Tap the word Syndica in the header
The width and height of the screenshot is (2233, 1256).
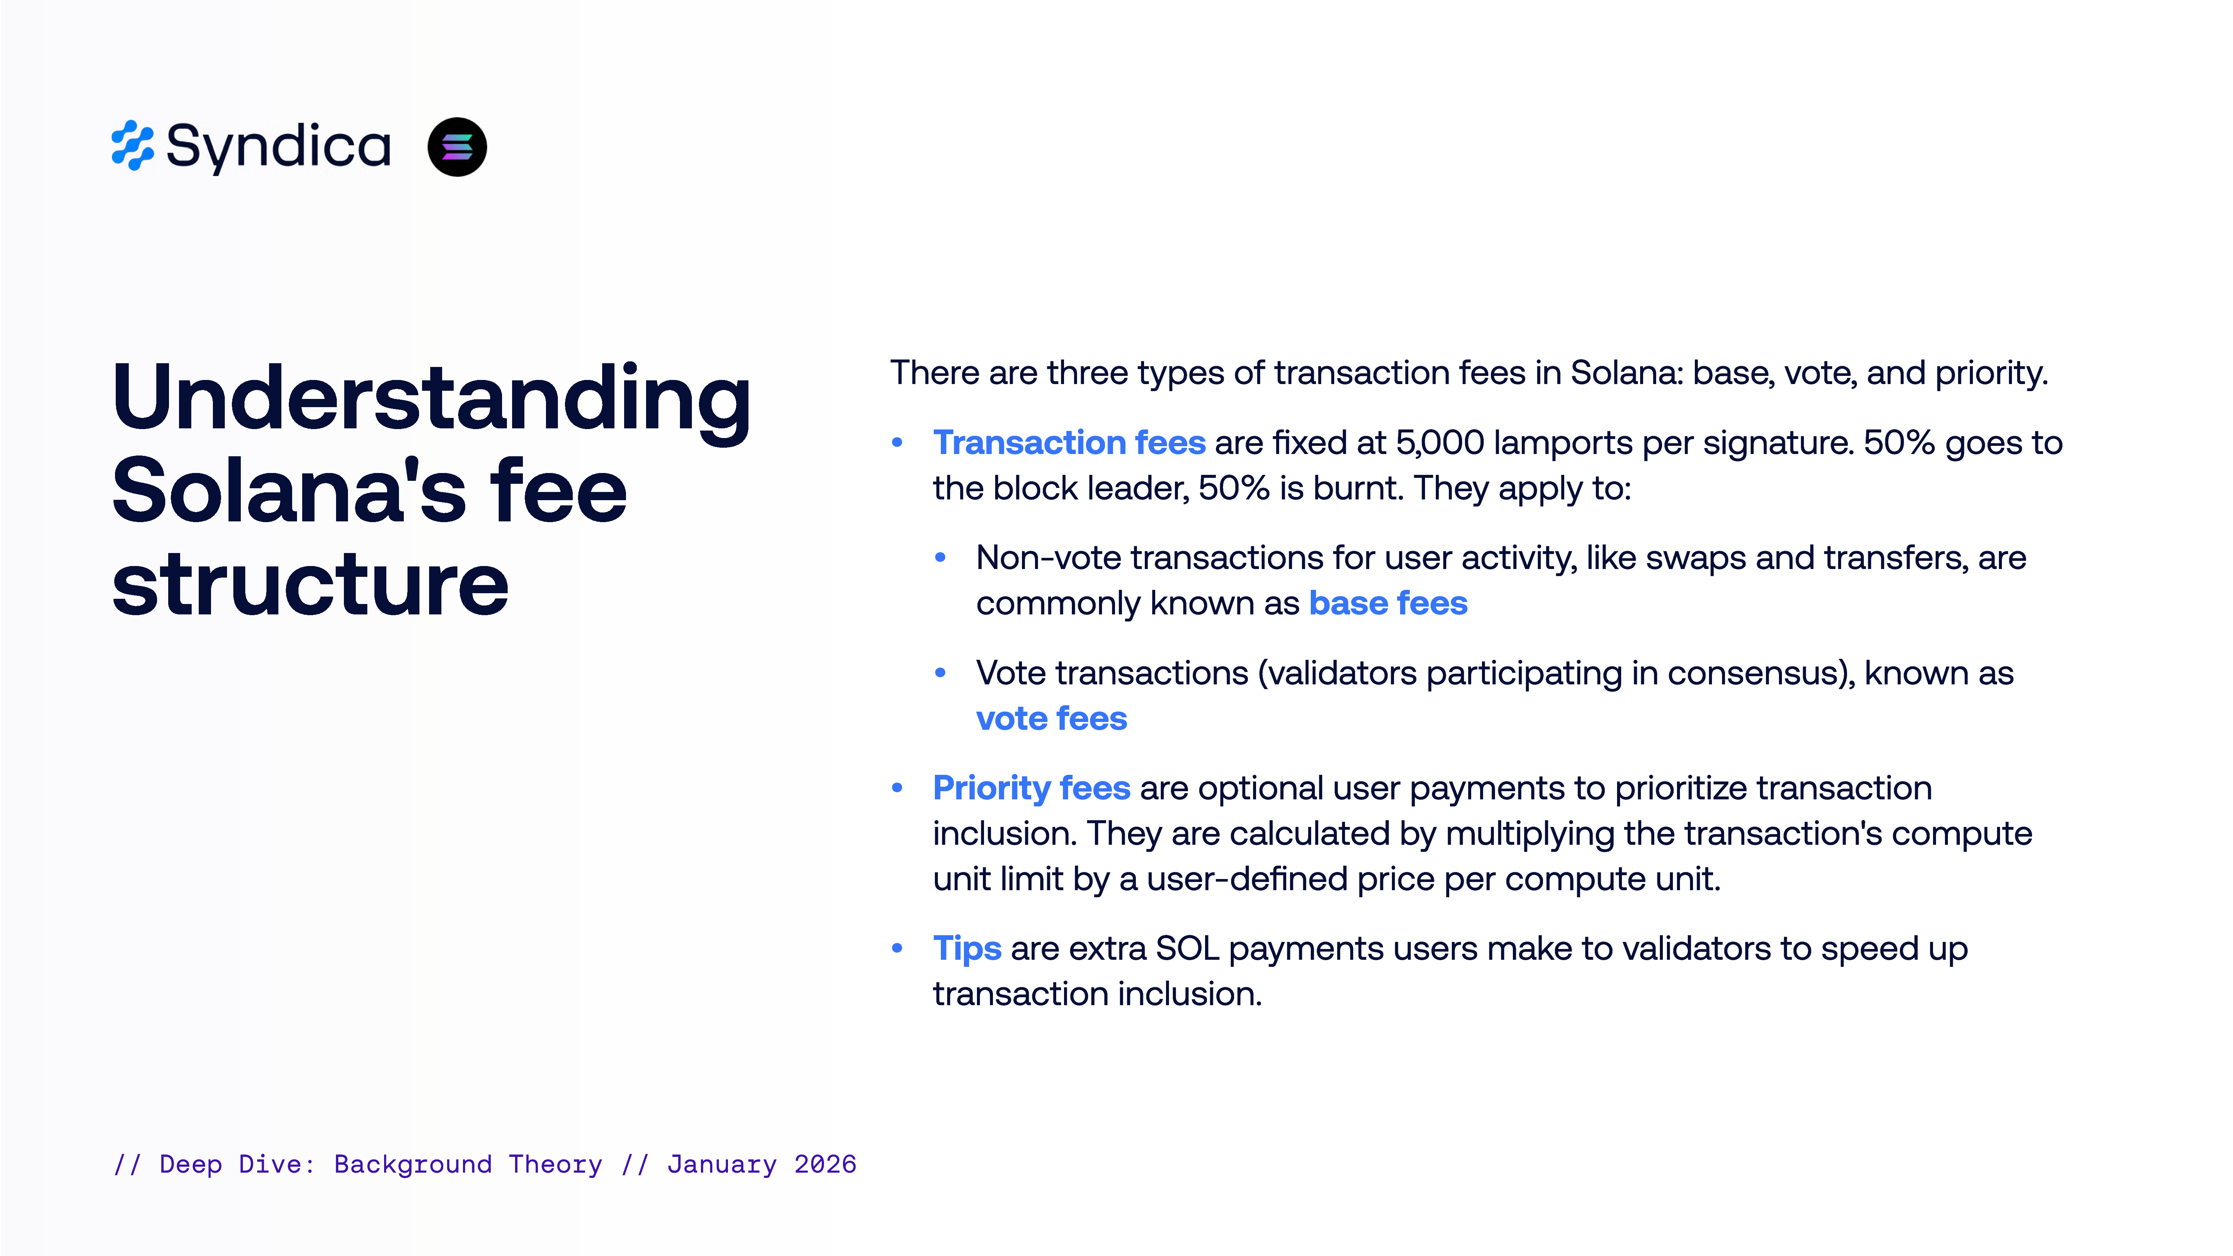pyautogui.click(x=278, y=147)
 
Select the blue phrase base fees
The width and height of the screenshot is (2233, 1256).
pyautogui.click(x=1388, y=603)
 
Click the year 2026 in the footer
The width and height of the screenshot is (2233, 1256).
pyautogui.click(x=825, y=1164)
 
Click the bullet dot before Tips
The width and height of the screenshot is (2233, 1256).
pyautogui.click(x=897, y=948)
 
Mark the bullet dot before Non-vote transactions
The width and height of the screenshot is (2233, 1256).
pyautogui.click(x=940, y=557)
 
